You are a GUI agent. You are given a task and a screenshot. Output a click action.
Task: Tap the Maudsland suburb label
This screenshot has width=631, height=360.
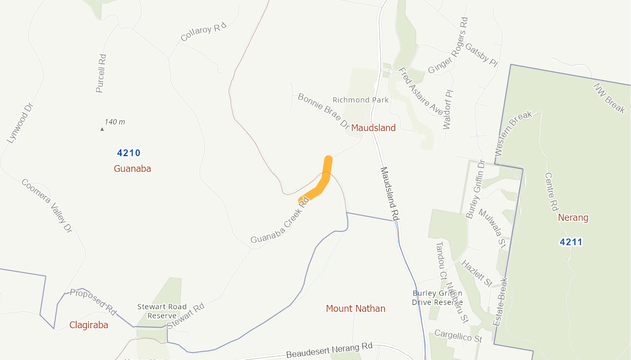click(x=373, y=128)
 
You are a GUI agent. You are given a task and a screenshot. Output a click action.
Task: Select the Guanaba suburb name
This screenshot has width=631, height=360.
click(x=132, y=168)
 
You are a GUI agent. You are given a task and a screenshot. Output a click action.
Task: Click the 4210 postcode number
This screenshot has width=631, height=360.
click(x=129, y=153)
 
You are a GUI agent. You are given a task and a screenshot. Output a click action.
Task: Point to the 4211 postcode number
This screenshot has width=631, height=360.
click(x=571, y=242)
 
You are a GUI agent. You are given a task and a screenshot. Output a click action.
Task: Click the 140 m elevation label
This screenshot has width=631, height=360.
click(x=114, y=122)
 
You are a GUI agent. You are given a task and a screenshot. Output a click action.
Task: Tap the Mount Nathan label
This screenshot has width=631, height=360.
click(x=356, y=308)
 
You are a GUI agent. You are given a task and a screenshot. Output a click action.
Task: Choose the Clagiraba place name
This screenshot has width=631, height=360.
click(x=88, y=325)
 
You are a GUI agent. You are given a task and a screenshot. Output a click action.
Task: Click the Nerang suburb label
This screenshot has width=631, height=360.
click(x=573, y=218)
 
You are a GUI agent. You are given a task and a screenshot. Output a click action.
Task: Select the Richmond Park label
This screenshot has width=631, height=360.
click(x=360, y=100)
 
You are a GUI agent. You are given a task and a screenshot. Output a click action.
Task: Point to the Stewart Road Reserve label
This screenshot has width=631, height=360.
click(x=162, y=311)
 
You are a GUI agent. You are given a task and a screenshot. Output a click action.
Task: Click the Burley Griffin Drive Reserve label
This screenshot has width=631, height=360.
click(x=437, y=298)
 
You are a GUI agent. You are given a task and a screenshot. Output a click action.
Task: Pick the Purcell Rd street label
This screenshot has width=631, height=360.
click(x=100, y=73)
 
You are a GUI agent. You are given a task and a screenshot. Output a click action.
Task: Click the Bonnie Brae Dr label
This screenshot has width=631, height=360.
click(x=323, y=112)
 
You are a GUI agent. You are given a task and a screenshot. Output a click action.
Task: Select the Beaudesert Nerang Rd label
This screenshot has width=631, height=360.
click(x=329, y=350)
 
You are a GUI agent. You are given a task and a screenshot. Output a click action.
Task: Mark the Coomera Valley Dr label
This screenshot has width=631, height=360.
click(x=47, y=205)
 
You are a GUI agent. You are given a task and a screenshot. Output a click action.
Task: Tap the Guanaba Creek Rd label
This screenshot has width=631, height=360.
click(x=280, y=221)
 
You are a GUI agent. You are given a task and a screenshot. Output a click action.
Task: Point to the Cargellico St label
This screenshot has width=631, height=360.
click(x=458, y=335)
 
